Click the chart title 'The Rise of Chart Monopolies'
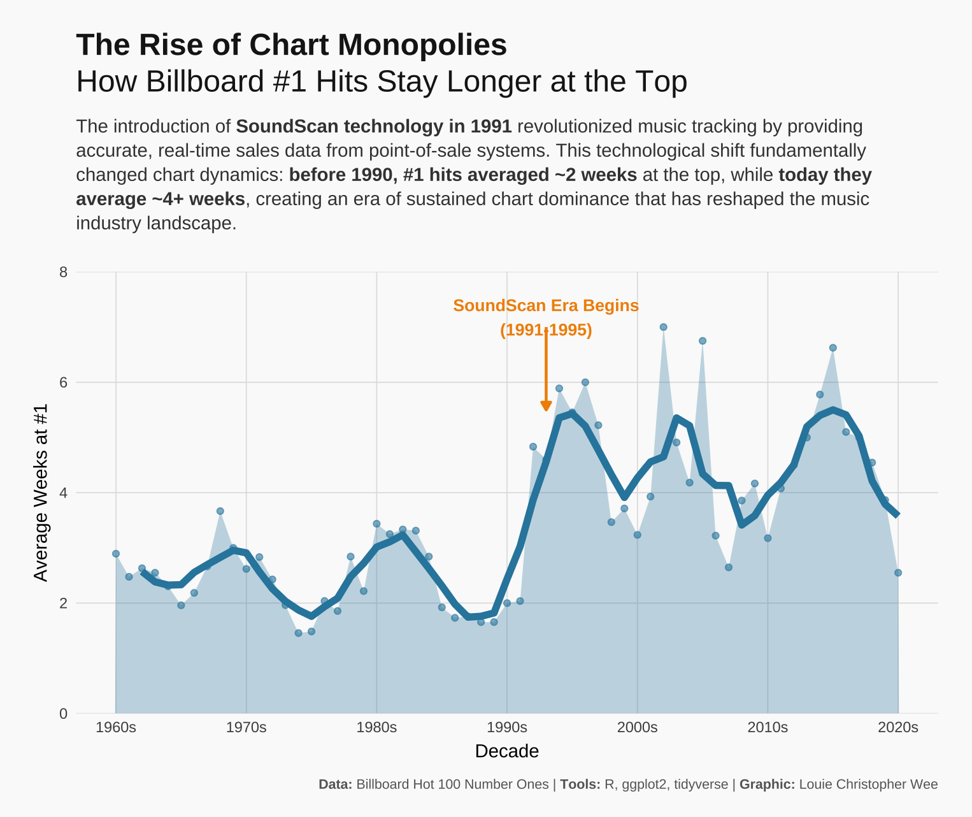tap(291, 45)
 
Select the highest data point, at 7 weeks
tap(663, 327)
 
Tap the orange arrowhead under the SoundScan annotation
tap(546, 406)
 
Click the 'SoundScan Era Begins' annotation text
tap(546, 306)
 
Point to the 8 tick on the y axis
tap(63, 272)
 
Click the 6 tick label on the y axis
tap(63, 382)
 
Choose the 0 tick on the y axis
tap(63, 714)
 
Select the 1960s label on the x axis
tap(116, 728)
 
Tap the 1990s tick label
tap(507, 728)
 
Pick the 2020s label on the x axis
tap(898, 728)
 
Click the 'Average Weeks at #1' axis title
tap(41, 493)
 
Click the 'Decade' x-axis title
tap(507, 751)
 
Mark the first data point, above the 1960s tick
tap(116, 554)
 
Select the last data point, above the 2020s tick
tap(898, 573)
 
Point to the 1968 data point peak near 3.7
tap(220, 511)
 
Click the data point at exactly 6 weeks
tap(585, 382)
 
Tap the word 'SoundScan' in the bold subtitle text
tap(277, 126)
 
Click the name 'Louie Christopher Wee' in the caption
tap(868, 784)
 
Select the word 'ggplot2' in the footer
tap(644, 784)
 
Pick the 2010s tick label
tap(768, 728)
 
